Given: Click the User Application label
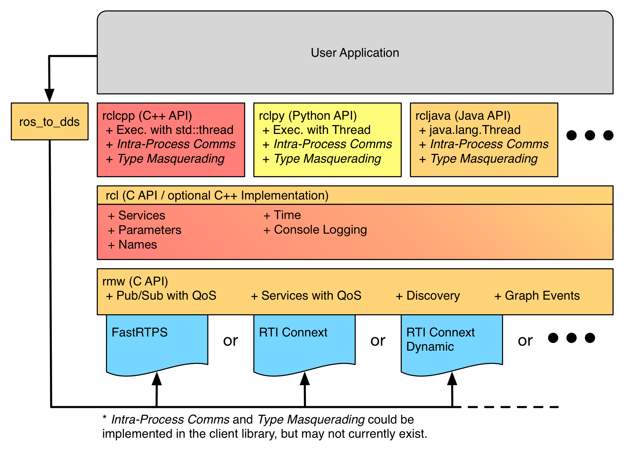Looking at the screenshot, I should click(355, 53).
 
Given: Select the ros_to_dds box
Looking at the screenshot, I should click(50, 122).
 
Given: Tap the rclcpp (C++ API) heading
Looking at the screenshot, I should click(147, 115).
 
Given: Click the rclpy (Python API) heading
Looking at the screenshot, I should click(308, 115).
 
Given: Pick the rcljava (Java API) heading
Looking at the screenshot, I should click(463, 115).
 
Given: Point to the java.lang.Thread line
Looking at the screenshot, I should click(474, 130).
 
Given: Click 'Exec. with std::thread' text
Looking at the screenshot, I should click(175, 130).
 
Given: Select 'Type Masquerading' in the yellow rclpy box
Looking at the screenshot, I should click(327, 158).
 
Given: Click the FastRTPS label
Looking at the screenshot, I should click(139, 332).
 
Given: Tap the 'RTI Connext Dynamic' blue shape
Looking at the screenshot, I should click(451, 345).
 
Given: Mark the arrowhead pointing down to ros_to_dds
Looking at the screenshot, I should click(49, 95).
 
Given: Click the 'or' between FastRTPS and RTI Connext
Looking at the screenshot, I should click(231, 340).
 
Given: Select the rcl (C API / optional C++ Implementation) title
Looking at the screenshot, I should click(217, 195).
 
